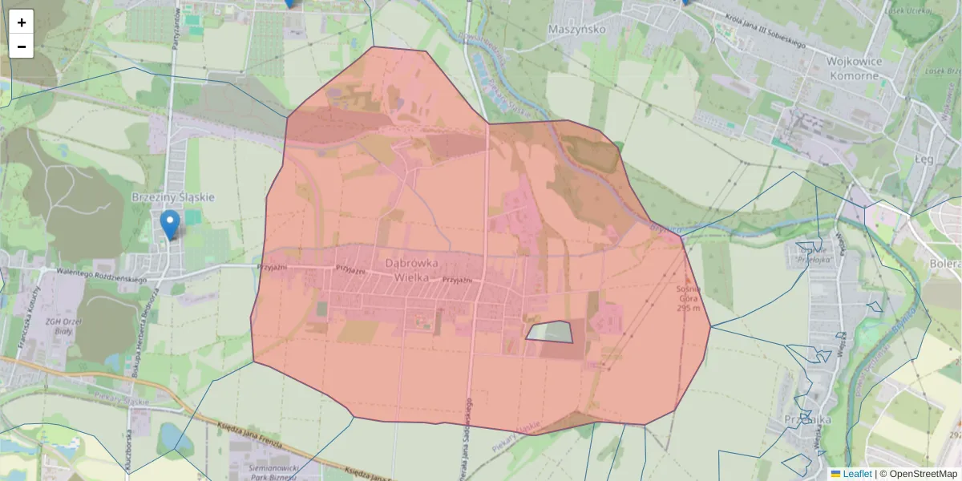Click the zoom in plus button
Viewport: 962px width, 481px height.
click(22, 22)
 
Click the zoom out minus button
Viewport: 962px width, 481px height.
click(22, 46)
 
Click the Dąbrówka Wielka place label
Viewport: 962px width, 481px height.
click(411, 270)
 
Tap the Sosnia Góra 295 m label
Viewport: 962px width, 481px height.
click(689, 298)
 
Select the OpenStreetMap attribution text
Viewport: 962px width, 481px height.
click(923, 474)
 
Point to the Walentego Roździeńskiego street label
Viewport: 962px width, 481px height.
click(96, 276)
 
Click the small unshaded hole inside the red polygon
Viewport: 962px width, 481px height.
click(552, 331)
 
